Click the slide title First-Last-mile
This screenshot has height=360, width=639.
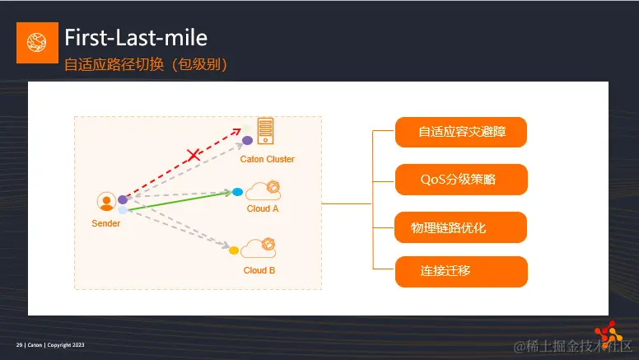tap(136, 37)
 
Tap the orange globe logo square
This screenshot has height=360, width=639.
tap(37, 43)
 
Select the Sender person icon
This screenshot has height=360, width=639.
tap(105, 202)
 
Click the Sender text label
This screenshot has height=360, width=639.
tap(105, 223)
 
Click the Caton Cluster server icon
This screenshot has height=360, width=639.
tap(265, 131)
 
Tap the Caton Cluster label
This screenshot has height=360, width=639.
tap(267, 159)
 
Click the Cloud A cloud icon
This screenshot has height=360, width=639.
tap(263, 190)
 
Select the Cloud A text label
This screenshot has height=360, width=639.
tap(263, 208)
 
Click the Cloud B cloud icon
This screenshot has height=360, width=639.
tap(259, 247)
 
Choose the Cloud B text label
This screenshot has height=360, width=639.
tap(259, 270)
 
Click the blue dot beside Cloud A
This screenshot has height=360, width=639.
tap(237, 192)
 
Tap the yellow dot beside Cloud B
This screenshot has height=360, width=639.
tap(234, 250)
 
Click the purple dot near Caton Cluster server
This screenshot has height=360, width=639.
tap(247, 140)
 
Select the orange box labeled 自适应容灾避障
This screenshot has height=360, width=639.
tap(460, 132)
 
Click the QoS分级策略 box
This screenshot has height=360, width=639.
tap(460, 179)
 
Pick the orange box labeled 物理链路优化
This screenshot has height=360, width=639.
tap(460, 227)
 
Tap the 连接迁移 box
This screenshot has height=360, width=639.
tap(460, 271)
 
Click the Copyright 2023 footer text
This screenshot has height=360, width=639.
tap(65, 344)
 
